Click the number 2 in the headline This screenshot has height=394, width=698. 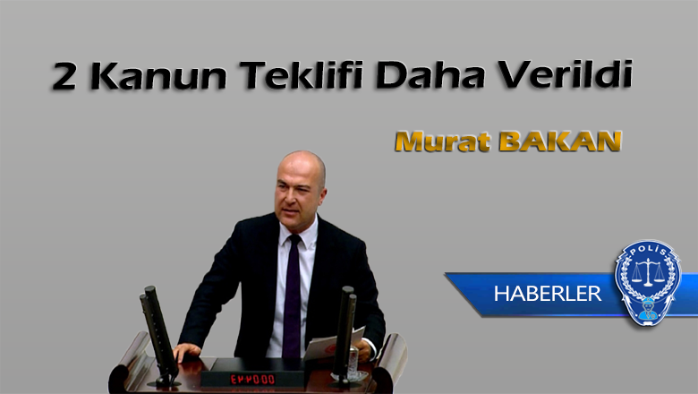[64, 76]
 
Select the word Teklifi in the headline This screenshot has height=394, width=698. [302, 75]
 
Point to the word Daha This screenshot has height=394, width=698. [430, 75]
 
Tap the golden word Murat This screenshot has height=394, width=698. [442, 141]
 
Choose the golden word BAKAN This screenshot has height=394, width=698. [560, 141]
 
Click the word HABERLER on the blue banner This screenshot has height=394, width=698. [548, 294]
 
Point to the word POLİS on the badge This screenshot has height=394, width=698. [648, 251]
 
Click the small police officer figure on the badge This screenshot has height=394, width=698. [648, 310]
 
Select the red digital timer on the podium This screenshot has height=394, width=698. [252, 380]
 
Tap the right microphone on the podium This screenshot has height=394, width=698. [345, 334]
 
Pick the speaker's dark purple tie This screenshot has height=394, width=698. [292, 296]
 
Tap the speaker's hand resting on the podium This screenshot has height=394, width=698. [186, 352]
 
